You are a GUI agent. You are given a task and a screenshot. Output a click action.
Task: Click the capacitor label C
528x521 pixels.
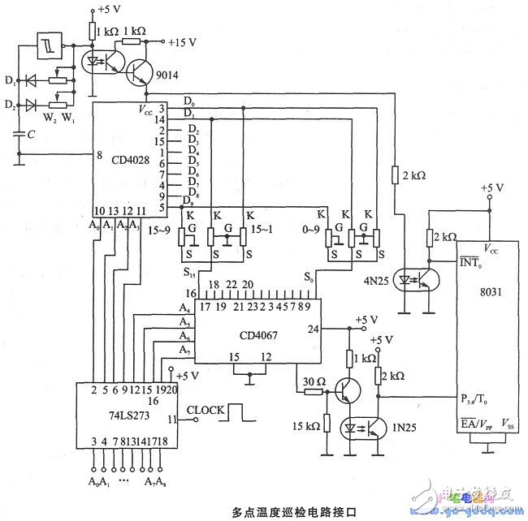[x=30, y=133]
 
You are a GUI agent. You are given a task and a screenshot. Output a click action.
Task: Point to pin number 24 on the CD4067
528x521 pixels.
[x=312, y=329]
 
